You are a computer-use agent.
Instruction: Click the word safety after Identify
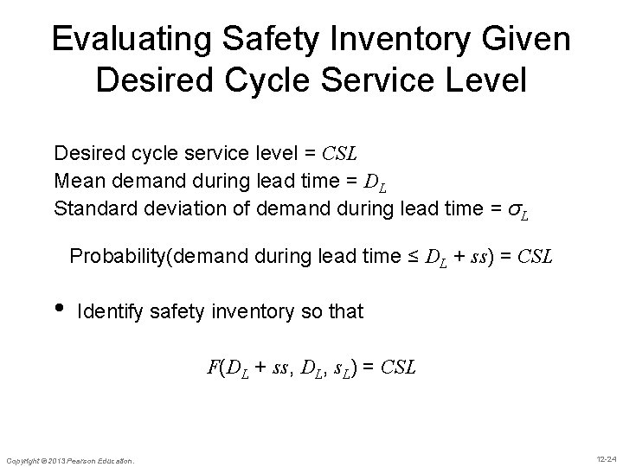(176, 311)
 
